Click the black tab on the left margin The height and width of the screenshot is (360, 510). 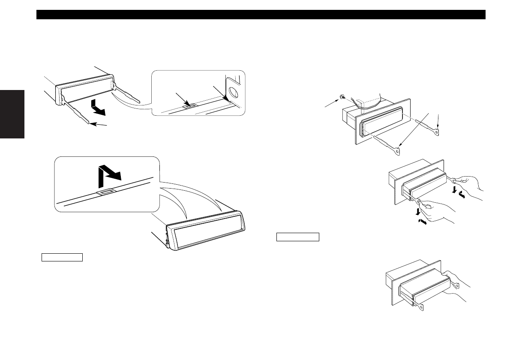(x=12, y=114)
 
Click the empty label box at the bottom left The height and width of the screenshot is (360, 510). (x=62, y=258)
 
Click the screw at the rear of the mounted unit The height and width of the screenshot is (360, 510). (x=341, y=97)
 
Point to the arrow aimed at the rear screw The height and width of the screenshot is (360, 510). (x=333, y=102)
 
